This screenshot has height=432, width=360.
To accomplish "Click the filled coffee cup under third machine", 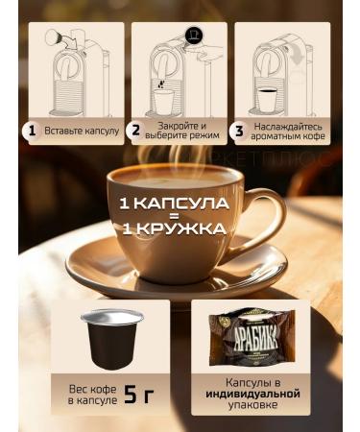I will (266, 98).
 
